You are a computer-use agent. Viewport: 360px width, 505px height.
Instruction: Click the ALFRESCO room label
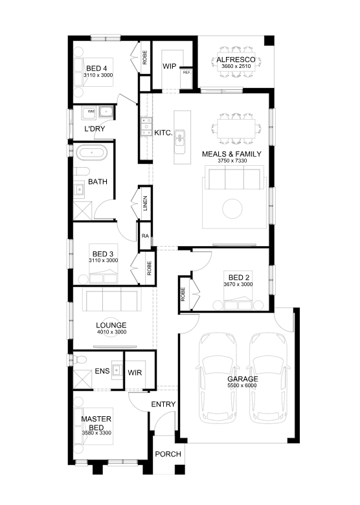236,60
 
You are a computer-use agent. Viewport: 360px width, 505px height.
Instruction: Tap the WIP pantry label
170,66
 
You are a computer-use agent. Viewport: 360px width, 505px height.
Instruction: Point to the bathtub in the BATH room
92,152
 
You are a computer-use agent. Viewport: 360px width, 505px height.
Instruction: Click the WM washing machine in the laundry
91,112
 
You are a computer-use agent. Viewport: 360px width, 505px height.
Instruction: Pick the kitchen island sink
179,141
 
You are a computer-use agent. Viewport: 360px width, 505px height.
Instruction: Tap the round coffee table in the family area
232,208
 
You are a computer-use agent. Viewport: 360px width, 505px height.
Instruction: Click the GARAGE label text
242,379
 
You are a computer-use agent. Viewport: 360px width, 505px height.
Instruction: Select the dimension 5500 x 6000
242,385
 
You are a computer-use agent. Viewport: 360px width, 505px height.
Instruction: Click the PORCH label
168,454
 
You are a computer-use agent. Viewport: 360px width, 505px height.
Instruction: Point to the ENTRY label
163,404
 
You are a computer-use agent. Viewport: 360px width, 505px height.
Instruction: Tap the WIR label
135,373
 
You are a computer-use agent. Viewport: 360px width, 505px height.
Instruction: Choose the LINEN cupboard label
145,203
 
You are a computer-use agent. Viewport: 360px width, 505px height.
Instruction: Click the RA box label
145,236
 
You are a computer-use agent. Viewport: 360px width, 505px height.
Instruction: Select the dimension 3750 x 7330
232,161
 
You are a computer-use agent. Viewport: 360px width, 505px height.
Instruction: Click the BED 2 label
239,277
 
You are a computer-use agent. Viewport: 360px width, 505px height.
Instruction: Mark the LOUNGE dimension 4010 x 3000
111,332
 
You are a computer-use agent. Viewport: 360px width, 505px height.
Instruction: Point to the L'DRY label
95,129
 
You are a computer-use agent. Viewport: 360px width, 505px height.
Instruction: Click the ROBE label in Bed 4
144,58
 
